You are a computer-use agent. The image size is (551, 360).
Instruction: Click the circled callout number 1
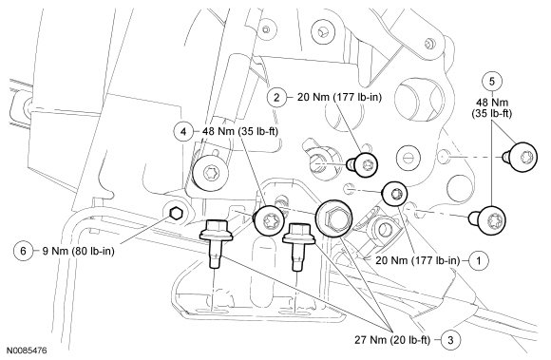click(479, 260)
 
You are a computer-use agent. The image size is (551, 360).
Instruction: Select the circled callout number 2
click(276, 97)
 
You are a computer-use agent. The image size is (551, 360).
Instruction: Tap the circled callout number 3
click(450, 340)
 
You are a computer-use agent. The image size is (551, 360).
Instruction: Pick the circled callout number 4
click(183, 132)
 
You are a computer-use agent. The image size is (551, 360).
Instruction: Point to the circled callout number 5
click(491, 82)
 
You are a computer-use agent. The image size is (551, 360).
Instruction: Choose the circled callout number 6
click(23, 251)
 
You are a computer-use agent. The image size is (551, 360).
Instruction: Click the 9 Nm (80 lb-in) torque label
click(78, 251)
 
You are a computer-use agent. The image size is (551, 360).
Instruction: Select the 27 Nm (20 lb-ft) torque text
click(391, 340)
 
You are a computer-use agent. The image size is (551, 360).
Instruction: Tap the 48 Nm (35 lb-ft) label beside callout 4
click(240, 132)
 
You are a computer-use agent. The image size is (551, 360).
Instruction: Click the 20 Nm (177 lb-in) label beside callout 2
click(339, 97)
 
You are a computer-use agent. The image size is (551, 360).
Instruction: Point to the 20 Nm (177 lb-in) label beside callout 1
click(418, 260)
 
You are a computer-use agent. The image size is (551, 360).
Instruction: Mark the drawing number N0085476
click(27, 351)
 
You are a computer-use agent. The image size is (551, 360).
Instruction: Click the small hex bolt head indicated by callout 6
click(176, 213)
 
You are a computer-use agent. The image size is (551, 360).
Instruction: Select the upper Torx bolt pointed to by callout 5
click(520, 157)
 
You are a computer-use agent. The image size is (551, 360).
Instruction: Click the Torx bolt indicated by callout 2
click(362, 164)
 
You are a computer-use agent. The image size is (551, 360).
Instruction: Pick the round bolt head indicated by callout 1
click(395, 194)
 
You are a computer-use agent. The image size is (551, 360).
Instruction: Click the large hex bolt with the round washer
click(333, 218)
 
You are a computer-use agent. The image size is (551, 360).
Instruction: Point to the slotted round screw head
click(408, 158)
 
